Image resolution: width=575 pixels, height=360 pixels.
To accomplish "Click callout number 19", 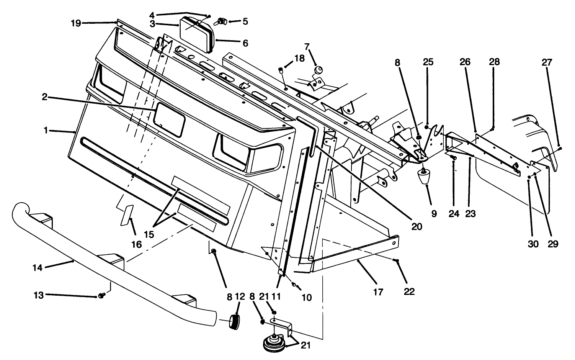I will [76, 23].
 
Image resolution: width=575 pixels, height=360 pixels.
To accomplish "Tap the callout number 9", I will [434, 214].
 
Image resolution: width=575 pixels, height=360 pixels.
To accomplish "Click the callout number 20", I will [417, 226].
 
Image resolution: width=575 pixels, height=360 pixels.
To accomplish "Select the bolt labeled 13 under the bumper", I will [102, 295].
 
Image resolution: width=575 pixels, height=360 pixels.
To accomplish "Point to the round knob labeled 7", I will [318, 70].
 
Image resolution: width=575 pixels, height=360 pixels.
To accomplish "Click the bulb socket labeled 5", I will [221, 21].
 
